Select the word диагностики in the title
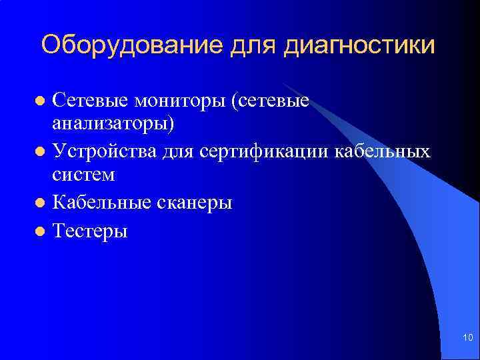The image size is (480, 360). click(x=360, y=45)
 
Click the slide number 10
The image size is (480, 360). click(x=467, y=339)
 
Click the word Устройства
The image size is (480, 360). click(x=105, y=151)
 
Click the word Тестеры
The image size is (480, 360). click(x=89, y=231)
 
